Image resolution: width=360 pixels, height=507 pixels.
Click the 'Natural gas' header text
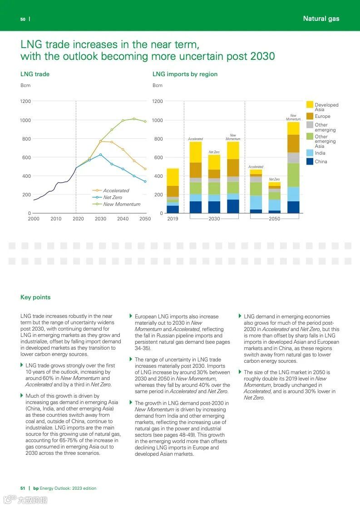pyautogui.click(x=321, y=19)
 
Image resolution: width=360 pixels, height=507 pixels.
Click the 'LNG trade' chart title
pyautogui.click(x=35, y=74)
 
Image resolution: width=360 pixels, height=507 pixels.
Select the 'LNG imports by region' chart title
pyautogui.click(x=185, y=74)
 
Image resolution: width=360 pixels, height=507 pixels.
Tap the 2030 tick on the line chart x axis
pyautogui.click(x=100, y=219)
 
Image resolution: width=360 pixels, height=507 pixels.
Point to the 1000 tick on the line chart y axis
pyautogui.click(x=26, y=120)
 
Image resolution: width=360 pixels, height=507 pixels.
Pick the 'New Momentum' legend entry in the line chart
pyautogui.click(x=122, y=204)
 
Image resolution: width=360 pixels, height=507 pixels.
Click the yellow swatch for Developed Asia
pyautogui.click(x=310, y=105)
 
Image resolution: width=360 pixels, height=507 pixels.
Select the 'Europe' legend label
pyautogui.click(x=322, y=116)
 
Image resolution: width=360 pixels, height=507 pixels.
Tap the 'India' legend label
pyautogui.click(x=320, y=153)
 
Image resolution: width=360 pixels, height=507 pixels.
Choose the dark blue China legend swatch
pyautogui.click(x=310, y=161)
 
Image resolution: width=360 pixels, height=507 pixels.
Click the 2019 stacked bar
pyautogui.click(x=173, y=190)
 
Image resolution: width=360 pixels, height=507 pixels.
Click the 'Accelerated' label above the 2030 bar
pyautogui.click(x=195, y=139)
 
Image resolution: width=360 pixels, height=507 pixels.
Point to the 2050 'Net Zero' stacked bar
pyautogui.click(x=274, y=198)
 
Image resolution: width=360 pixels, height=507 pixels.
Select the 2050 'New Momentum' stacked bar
pyautogui.click(x=293, y=168)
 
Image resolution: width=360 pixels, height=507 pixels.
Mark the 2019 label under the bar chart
pyautogui.click(x=173, y=219)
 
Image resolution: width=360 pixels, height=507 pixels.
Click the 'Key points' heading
pyautogui.click(x=35, y=297)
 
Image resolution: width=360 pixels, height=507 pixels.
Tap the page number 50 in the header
pyautogui.click(x=23, y=19)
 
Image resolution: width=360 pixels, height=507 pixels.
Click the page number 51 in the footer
pyautogui.click(x=23, y=488)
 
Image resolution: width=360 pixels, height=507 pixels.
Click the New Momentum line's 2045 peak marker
pyautogui.click(x=134, y=119)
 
